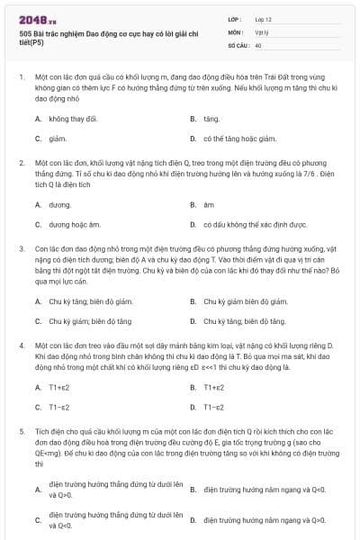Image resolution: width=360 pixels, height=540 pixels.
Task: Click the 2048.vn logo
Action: click(37, 21)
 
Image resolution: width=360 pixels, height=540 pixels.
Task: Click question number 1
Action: click(21, 77)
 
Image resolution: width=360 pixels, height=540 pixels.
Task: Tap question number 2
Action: click(21, 163)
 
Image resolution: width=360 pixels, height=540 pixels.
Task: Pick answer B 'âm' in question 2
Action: click(208, 203)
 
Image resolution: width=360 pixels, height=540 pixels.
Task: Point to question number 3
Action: click(21, 247)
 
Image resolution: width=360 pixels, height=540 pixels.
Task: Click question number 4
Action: click(21, 344)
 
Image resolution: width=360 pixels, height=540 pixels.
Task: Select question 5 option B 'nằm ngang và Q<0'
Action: click(264, 489)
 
